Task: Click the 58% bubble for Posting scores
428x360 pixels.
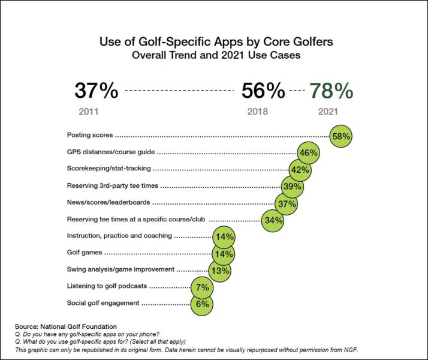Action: click(x=341, y=136)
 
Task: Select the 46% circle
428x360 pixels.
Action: click(x=308, y=153)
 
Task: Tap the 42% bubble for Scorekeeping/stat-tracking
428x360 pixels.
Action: click(x=300, y=170)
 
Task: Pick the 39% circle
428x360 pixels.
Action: click(x=293, y=187)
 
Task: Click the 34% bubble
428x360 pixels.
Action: click(x=273, y=220)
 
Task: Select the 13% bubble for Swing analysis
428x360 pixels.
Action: click(x=220, y=270)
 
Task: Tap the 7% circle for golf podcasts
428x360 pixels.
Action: click(x=202, y=287)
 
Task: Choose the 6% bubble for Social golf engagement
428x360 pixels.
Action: click(x=202, y=304)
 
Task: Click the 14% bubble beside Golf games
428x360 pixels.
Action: click(x=224, y=253)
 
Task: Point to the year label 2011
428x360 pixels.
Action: click(x=89, y=112)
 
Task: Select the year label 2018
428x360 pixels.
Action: click(x=258, y=112)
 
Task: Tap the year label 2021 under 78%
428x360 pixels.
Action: click(x=328, y=112)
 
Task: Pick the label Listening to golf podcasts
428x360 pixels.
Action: click(x=107, y=286)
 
